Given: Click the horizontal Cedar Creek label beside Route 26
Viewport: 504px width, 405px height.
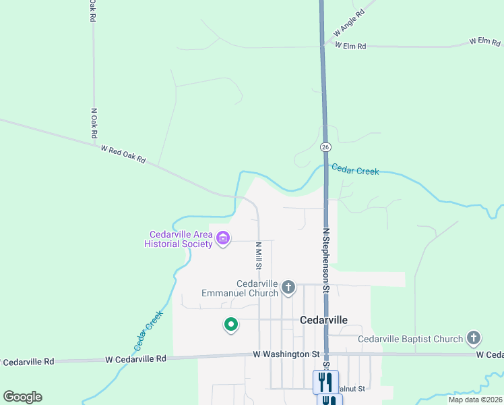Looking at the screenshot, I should (354, 171).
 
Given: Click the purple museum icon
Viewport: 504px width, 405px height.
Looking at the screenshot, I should (223, 238).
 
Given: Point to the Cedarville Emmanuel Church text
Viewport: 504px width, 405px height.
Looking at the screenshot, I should (240, 288).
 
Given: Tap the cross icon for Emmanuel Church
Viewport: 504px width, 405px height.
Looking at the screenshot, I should (288, 288).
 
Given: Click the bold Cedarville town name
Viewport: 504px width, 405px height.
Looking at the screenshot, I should (323, 321).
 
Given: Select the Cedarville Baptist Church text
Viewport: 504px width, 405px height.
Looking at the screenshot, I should (410, 339).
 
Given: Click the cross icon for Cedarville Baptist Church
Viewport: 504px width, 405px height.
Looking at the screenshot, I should (474, 338).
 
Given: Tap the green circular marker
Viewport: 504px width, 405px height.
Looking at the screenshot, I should (231, 325).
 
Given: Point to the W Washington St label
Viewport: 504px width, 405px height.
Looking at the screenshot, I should (286, 354).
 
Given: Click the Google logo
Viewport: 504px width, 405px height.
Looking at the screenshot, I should (22, 397).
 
